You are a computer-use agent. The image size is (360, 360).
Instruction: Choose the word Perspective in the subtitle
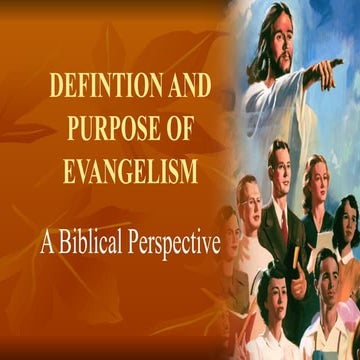[179, 245]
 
